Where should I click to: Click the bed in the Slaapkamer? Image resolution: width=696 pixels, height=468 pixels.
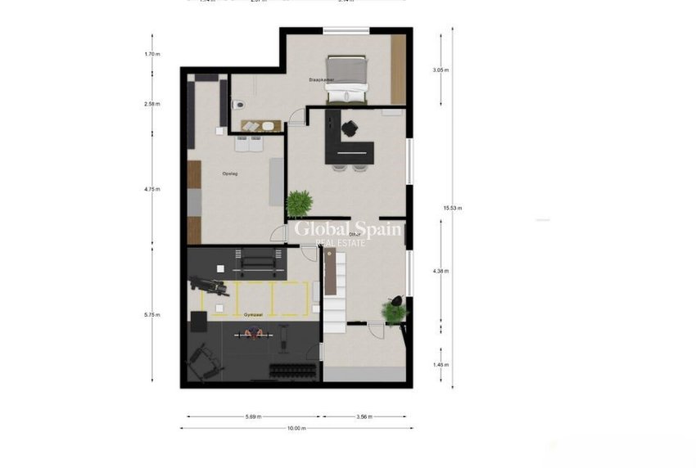coord(347,78)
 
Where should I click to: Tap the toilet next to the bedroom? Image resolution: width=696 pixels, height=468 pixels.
coord(237,105)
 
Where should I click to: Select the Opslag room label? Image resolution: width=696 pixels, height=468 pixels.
coord(229,173)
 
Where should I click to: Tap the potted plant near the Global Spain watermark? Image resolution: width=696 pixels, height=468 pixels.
coord(299,201)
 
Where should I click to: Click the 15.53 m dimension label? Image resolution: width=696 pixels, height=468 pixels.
coord(453,208)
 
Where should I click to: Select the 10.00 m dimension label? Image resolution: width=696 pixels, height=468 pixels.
coord(296,428)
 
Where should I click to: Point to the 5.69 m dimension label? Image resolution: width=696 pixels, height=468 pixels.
coord(253,416)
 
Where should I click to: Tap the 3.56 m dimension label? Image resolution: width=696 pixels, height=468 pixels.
coord(364,416)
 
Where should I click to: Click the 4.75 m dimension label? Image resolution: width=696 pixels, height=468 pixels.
coord(152,189)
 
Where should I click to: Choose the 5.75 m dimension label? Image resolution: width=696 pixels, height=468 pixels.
coord(152,314)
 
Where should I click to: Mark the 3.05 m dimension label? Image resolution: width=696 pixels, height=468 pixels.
coord(441,70)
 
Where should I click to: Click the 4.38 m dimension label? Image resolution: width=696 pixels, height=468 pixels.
coord(441,271)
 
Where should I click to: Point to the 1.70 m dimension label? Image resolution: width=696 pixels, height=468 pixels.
coord(152,54)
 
